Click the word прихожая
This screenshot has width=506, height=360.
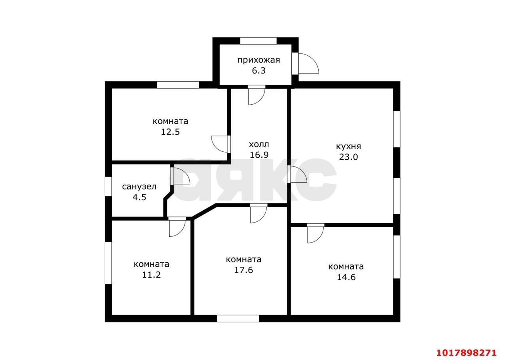coord(259,60)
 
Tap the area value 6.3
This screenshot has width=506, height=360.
coord(259,71)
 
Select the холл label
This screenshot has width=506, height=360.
coord(259,144)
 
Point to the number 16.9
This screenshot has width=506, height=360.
coord(259,155)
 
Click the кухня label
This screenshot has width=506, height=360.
coord(349,146)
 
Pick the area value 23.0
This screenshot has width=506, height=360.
coord(348,157)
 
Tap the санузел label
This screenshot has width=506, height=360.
coord(139,187)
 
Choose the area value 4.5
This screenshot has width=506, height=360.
coord(140,197)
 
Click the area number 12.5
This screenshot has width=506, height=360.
coord(170,132)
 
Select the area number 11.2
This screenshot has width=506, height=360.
coord(151,275)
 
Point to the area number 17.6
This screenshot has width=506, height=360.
coord(244,270)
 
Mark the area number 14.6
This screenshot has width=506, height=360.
coord(346,277)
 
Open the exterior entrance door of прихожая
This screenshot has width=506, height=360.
coord(305,64)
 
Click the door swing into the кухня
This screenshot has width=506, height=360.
coord(297,174)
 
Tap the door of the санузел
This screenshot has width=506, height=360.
coord(180,176)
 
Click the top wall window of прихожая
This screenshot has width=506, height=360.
coord(258,41)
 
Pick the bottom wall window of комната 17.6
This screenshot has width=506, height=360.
coord(238,319)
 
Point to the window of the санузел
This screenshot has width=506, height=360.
coord(108,187)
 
